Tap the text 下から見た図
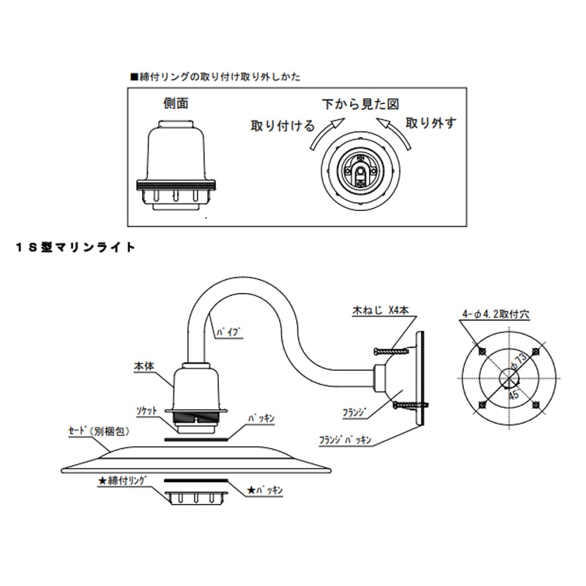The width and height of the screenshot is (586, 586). click(x=363, y=104)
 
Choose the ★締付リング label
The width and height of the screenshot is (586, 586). click(x=123, y=481)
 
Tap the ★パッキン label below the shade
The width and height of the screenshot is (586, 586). click(x=265, y=487)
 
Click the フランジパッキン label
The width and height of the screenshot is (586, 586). click(x=346, y=441)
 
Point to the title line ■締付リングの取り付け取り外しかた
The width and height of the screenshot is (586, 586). click(x=215, y=76)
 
